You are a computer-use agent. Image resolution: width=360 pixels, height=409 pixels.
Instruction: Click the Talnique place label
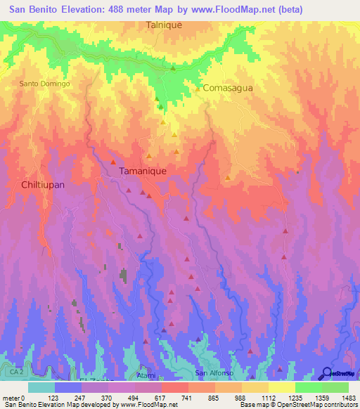click(164, 25)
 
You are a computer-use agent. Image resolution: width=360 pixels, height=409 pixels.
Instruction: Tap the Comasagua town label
click(227, 89)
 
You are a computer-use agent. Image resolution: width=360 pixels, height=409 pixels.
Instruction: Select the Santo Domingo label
click(45, 84)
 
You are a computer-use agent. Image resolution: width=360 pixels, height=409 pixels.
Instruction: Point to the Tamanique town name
click(143, 171)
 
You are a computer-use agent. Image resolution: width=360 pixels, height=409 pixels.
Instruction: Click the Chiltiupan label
click(38, 184)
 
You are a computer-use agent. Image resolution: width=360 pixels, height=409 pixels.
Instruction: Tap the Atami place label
click(146, 376)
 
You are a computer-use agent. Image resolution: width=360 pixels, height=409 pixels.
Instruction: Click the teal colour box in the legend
click(41, 387)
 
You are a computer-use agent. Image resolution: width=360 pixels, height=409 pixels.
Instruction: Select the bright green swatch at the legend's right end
click(335, 387)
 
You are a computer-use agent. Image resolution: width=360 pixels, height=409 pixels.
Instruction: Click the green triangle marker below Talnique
click(173, 68)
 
